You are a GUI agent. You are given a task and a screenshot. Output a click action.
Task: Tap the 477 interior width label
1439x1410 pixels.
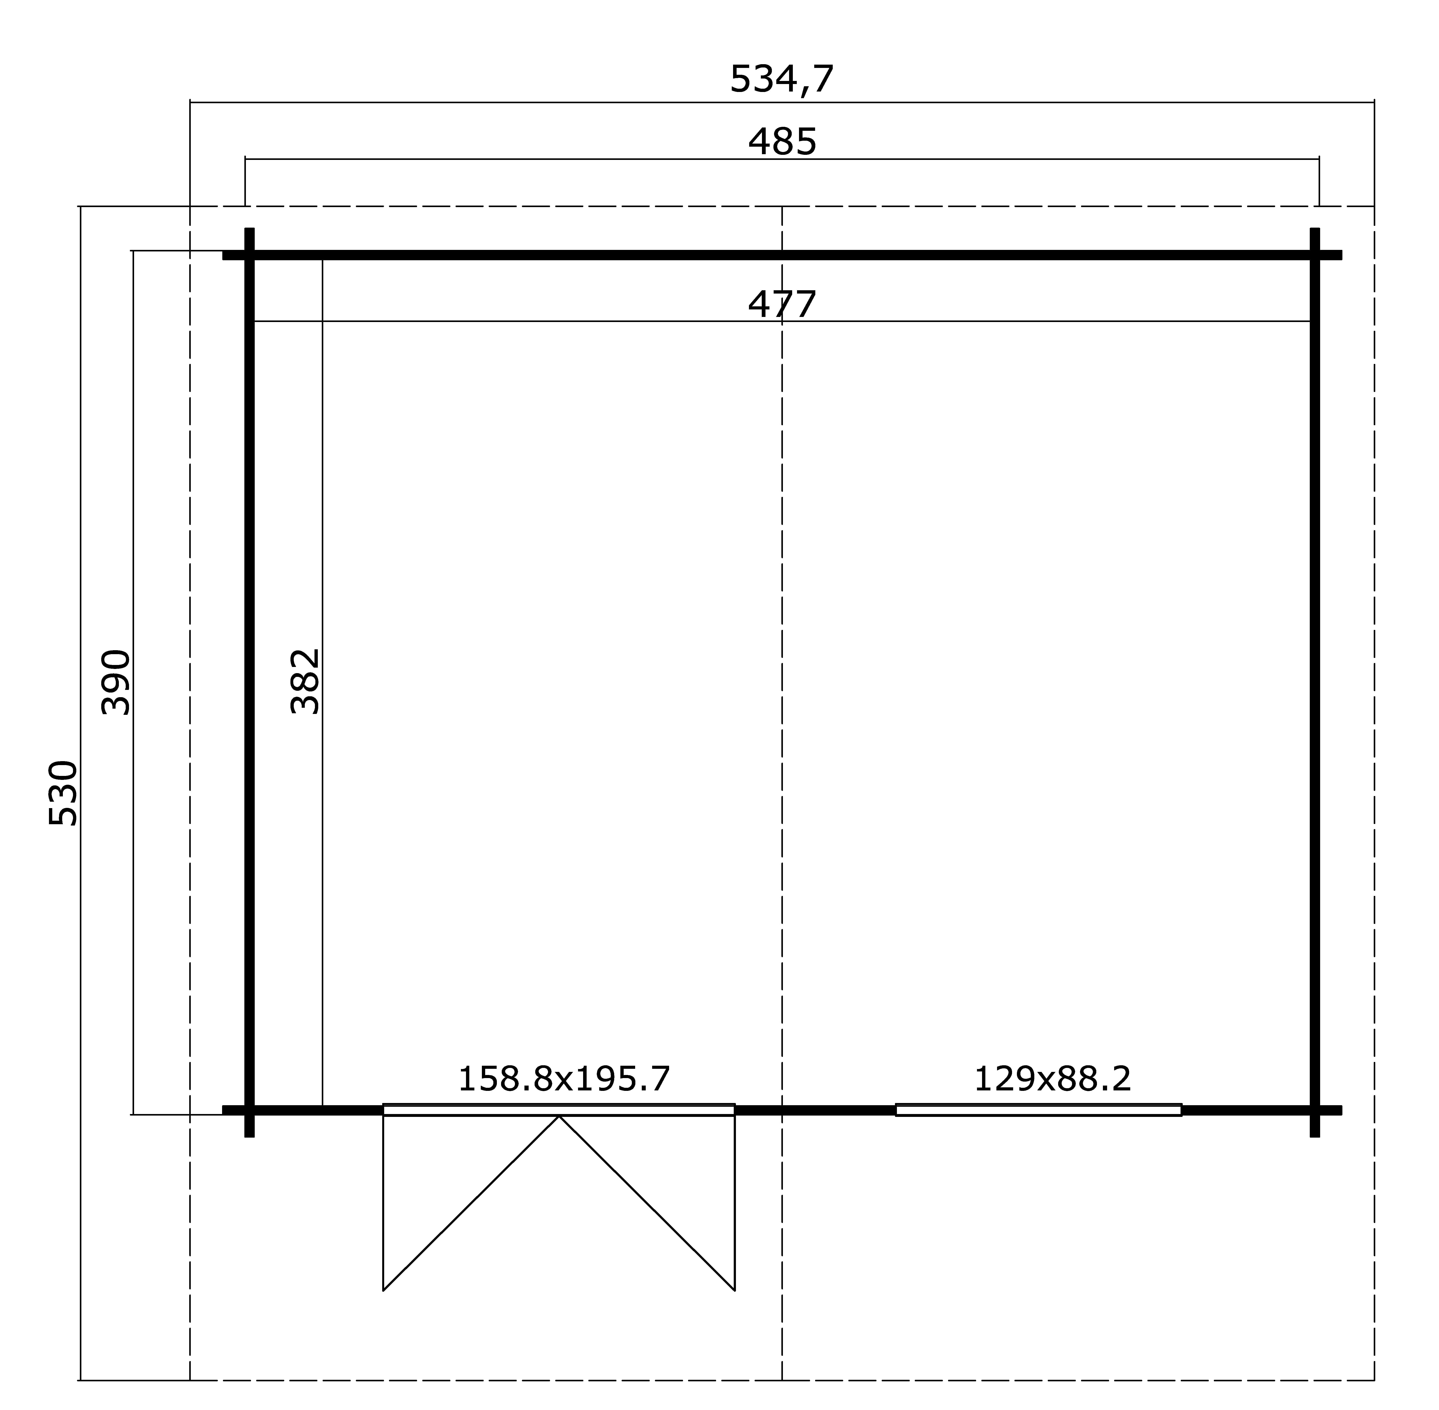(x=782, y=304)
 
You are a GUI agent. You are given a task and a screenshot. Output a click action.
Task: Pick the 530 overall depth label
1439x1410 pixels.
(x=63, y=792)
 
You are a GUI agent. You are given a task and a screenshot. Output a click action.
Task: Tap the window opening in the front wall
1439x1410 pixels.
(x=1038, y=1109)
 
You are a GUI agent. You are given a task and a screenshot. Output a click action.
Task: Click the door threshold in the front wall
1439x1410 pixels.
(x=558, y=1109)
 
